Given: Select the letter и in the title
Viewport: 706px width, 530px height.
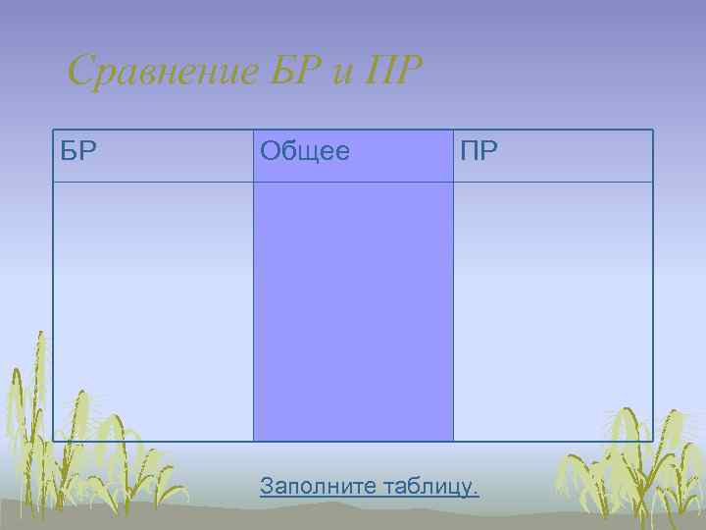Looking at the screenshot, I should pos(340,74).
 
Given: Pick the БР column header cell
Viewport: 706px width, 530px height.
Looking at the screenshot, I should pos(153,156).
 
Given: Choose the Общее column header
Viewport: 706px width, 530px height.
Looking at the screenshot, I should pos(353,156).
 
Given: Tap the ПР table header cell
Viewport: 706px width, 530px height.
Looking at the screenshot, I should pos(553,156).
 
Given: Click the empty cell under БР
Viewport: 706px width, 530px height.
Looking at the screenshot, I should pos(153,311).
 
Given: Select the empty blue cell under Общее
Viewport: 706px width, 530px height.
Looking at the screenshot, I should pos(353,311).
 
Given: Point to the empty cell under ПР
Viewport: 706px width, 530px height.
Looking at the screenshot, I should pos(553,311).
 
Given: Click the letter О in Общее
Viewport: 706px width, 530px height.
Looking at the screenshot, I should pos(270,151).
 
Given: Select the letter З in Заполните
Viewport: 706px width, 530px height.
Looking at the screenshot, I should pos(267,485).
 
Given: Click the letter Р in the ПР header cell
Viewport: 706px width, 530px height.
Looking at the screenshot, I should pos(487,151).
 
